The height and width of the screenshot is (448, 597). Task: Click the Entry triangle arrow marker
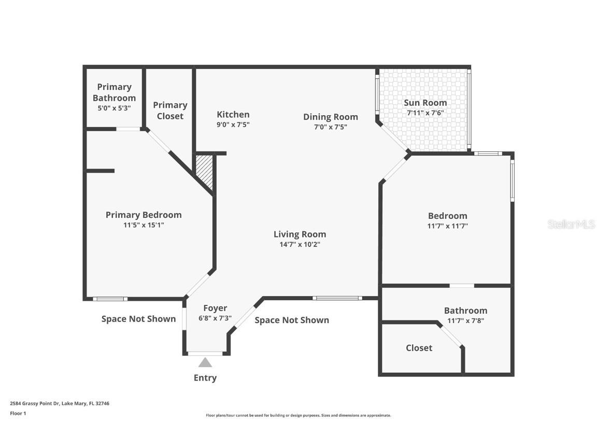pyautogui.click(x=205, y=362)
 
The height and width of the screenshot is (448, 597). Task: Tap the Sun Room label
pyautogui.click(x=425, y=103)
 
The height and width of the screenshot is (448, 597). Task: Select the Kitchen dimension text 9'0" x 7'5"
pyautogui.click(x=233, y=124)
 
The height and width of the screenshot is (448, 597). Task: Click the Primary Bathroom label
pyautogui.click(x=114, y=92)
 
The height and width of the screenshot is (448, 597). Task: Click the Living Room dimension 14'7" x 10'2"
pyautogui.click(x=300, y=244)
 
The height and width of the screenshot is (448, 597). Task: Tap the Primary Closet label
pyautogui.click(x=170, y=110)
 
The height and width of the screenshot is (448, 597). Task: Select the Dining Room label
pyautogui.click(x=330, y=117)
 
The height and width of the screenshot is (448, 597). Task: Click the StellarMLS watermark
pyautogui.click(x=571, y=225)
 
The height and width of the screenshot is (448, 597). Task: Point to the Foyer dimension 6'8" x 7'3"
pyautogui.click(x=215, y=318)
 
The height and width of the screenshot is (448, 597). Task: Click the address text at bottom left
pyautogui.click(x=60, y=403)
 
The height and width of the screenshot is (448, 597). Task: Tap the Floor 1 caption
pyautogui.click(x=18, y=413)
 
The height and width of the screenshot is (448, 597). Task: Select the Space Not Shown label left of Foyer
pyautogui.click(x=138, y=319)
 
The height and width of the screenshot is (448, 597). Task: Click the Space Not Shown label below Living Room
pyautogui.click(x=292, y=320)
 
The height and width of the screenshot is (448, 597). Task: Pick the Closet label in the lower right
pyautogui.click(x=419, y=348)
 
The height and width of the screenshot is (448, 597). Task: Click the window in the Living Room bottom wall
pyautogui.click(x=337, y=298)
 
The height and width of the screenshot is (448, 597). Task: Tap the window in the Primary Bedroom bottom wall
pyautogui.click(x=110, y=299)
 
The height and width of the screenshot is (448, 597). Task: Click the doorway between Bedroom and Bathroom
pyautogui.click(x=461, y=285)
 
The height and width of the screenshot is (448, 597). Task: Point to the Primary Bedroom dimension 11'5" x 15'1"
pyautogui.click(x=144, y=225)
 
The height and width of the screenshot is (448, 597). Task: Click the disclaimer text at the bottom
pyautogui.click(x=298, y=415)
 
